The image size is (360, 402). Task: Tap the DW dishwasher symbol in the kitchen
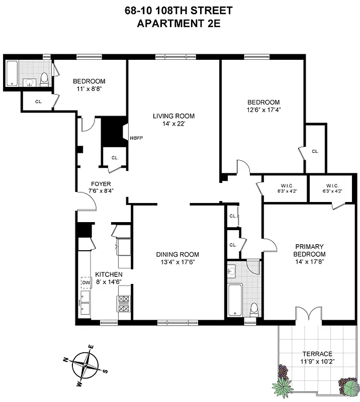click(85, 283)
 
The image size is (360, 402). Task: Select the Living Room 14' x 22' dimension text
click(173, 124)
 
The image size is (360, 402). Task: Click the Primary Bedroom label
click(310, 250)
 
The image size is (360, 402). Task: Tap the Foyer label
click(101, 184)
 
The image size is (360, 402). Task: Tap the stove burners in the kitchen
click(124, 303)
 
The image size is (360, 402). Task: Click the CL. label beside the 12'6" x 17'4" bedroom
click(315, 151)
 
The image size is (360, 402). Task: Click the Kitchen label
click(109, 274)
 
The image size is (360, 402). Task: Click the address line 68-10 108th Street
click(180, 10)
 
